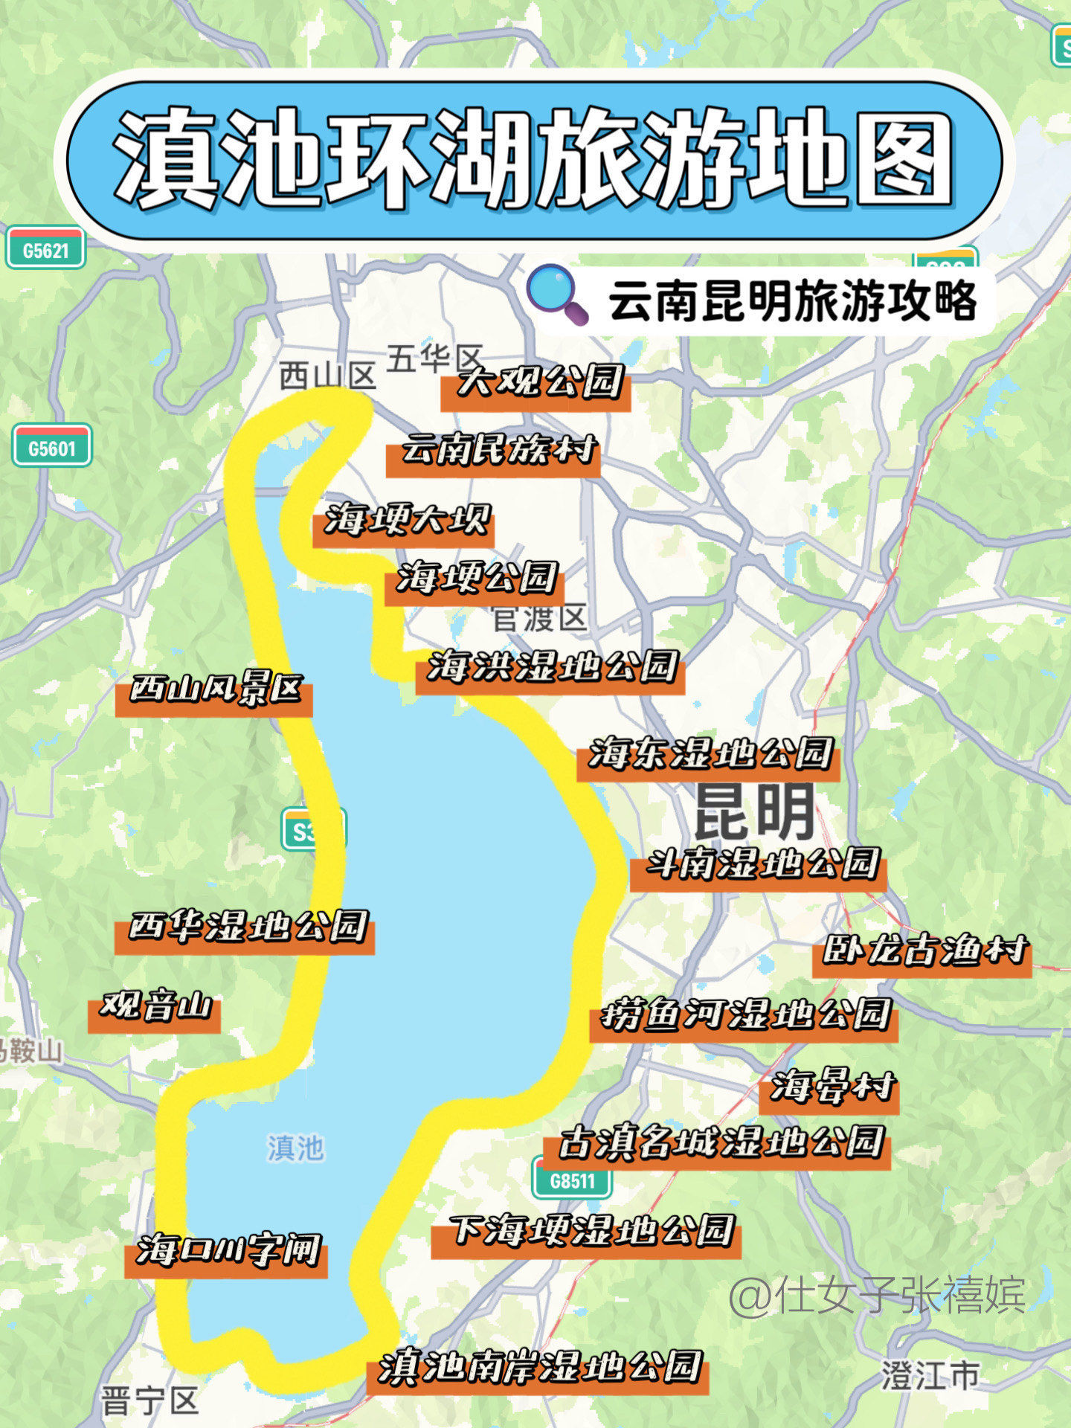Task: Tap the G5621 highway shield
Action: pos(45,249)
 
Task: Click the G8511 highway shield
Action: pos(572,1180)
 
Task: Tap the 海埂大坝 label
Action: pos(406,521)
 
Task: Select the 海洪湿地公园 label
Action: pos(551,667)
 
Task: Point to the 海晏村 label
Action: pos(832,1087)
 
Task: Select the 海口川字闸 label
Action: pos(228,1251)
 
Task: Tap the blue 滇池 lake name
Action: pos(296,1147)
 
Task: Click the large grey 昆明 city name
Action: pos(754,812)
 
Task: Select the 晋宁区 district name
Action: pos(149,1401)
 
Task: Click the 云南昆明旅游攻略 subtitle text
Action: pos(791,301)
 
